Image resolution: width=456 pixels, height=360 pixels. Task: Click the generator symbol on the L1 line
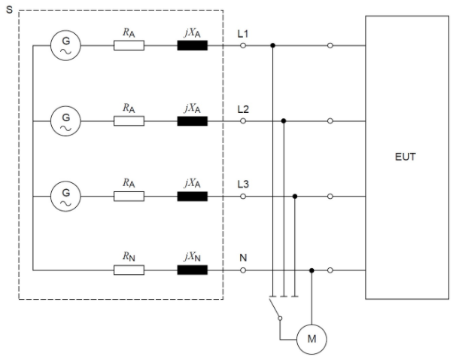click(65, 46)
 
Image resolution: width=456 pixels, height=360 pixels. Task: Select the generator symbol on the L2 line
click(65, 121)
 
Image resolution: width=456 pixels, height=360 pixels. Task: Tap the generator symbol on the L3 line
click(65, 196)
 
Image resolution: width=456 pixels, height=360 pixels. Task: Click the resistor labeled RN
click(129, 270)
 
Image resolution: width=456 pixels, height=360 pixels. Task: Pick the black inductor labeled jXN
click(192, 270)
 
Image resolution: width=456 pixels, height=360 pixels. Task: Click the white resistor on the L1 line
click(129, 46)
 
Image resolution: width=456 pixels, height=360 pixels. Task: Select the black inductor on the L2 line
click(192, 121)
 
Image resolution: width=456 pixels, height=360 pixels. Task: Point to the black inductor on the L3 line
click(192, 196)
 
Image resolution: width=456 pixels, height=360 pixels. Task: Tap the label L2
click(243, 109)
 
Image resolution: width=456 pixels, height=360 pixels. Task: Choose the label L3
click(243, 185)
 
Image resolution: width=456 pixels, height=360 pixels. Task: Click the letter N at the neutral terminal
click(242, 258)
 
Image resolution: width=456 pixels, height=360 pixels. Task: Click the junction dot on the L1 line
click(272, 46)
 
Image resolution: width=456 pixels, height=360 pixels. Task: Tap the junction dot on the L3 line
click(295, 196)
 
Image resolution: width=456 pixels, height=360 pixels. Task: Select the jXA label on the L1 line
click(192, 33)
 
